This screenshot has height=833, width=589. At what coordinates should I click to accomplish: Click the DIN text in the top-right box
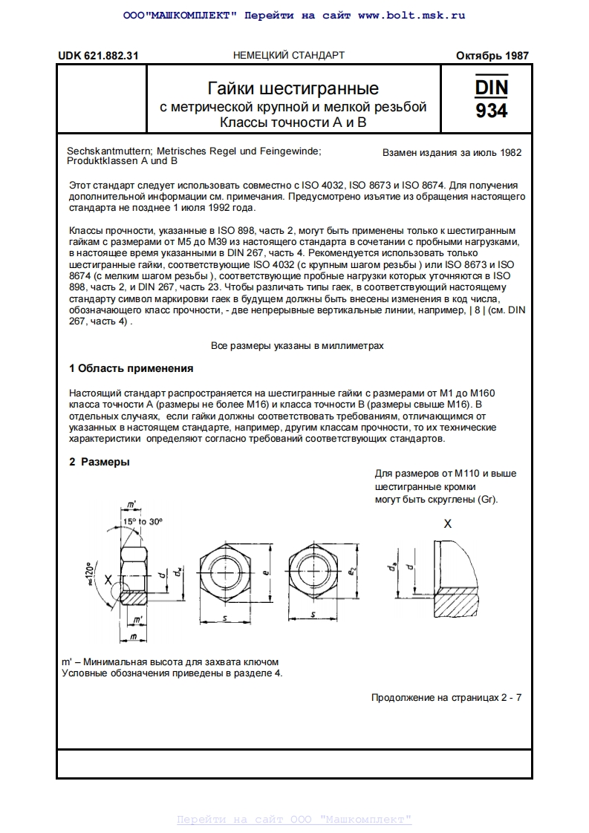(491, 87)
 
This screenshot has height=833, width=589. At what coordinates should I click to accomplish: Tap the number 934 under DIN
(491, 111)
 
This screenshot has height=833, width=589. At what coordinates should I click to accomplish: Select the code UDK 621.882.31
(98, 56)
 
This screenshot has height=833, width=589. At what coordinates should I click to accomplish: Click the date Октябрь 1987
(492, 56)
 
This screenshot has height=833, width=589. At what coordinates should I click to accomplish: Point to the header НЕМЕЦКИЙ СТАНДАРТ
(289, 56)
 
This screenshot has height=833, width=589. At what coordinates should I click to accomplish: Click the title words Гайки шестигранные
(293, 89)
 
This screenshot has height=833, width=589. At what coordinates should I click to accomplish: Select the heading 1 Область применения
(131, 368)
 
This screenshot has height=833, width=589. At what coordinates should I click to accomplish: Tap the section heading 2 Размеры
(100, 462)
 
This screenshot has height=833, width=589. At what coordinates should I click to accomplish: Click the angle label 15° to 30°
(143, 522)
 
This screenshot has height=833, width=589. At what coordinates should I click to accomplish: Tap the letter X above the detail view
(447, 523)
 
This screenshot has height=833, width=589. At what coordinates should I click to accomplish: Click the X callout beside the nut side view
(108, 579)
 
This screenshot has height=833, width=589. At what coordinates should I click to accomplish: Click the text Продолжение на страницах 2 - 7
(446, 698)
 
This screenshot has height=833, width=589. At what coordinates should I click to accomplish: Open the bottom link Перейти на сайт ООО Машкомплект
(294, 820)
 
